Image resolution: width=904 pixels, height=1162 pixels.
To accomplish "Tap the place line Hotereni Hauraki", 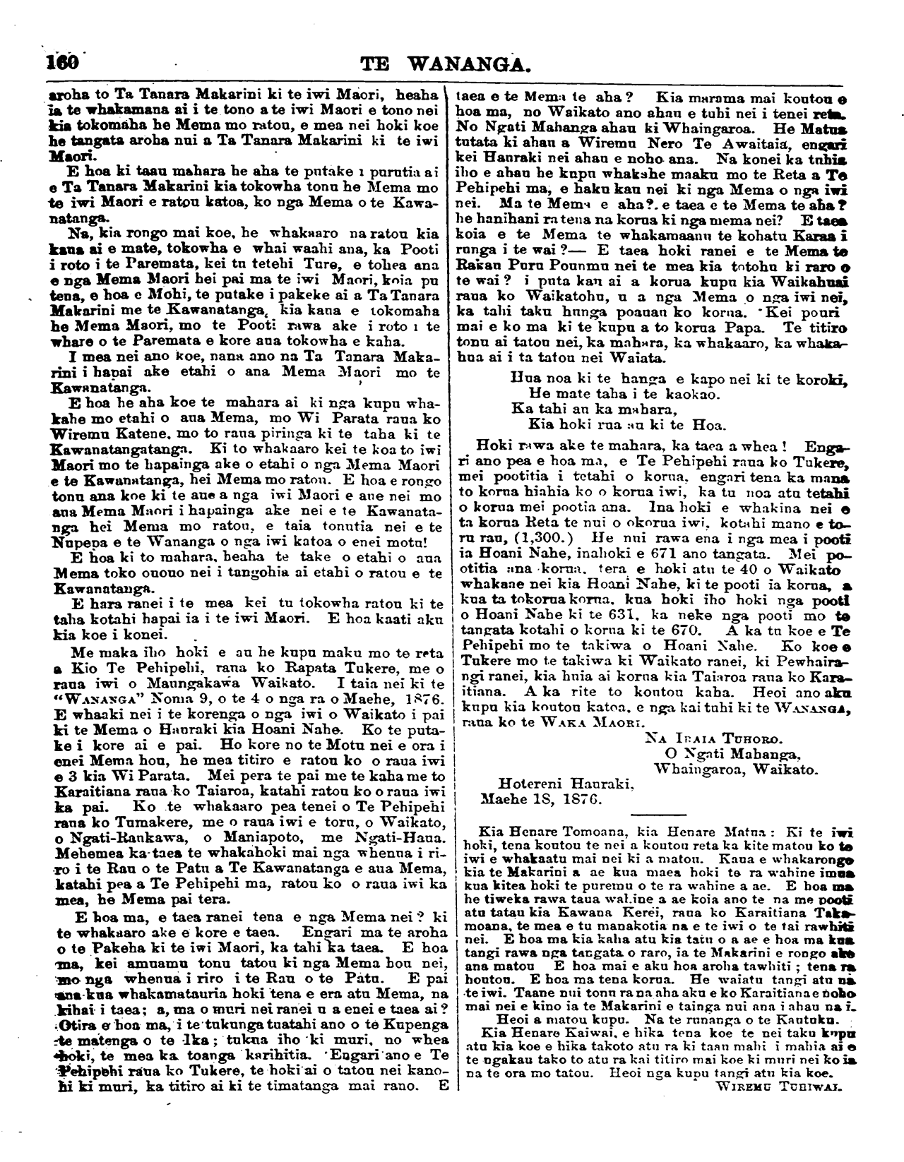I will (567, 784).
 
